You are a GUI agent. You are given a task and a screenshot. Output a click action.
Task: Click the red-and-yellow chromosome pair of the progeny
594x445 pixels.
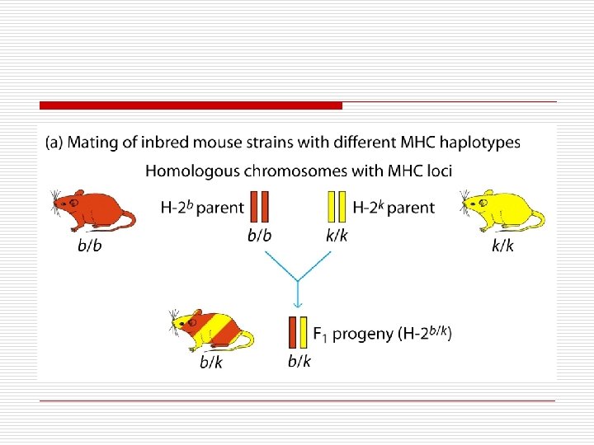(x=299, y=332)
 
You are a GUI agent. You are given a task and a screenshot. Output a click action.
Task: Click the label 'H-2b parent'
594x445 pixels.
(x=201, y=207)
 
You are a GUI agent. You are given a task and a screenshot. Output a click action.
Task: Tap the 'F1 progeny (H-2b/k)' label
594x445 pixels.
(x=382, y=334)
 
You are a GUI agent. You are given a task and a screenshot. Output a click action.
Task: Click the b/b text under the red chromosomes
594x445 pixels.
(x=261, y=235)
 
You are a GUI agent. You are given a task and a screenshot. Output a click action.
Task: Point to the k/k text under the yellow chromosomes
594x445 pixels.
(x=336, y=235)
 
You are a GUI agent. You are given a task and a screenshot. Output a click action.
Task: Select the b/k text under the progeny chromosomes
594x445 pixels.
(x=299, y=361)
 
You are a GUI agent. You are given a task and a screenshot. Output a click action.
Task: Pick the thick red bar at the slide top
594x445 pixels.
(x=191, y=105)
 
